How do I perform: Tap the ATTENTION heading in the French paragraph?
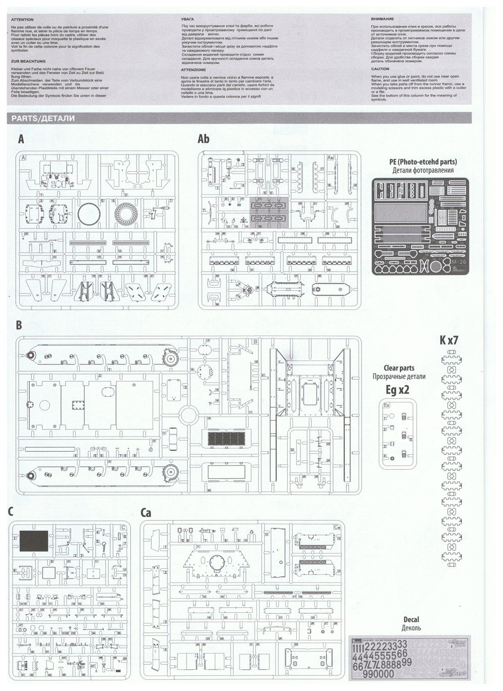pyautogui.click(x=22, y=20)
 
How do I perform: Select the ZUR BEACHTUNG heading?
pyautogui.click(x=28, y=61)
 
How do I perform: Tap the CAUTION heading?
pyautogui.click(x=380, y=69)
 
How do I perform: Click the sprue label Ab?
pyautogui.click(x=203, y=139)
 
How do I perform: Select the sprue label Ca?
pyautogui.click(x=146, y=513)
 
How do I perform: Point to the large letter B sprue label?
pyautogui.click(x=19, y=326)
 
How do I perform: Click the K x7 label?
pyautogui.click(x=449, y=340)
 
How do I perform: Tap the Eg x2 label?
pyautogui.click(x=397, y=389)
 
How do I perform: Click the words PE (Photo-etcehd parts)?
pyautogui.click(x=423, y=162)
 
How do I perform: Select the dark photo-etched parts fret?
pyautogui.click(x=420, y=226)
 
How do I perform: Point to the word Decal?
pyautogui.click(x=411, y=619)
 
